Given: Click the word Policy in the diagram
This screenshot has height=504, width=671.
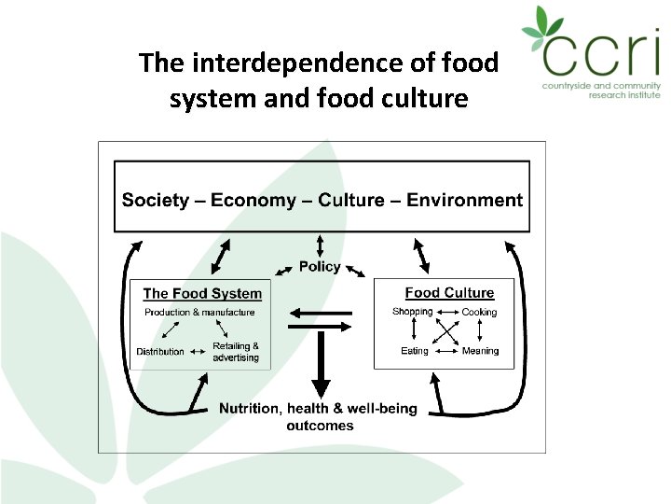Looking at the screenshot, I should click(320, 267).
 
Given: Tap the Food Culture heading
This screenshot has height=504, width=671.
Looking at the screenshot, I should click(449, 293).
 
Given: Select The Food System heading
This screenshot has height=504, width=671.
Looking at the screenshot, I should click(202, 293).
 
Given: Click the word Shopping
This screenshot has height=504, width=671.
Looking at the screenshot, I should click(413, 312).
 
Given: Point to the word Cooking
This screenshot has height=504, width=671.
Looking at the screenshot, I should click(479, 313).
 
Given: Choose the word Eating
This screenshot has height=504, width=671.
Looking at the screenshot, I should click(415, 351).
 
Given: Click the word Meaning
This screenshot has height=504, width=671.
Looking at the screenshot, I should click(480, 351).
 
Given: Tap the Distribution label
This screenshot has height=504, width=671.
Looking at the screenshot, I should click(160, 352).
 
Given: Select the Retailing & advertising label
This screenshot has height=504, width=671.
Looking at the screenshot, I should click(236, 352).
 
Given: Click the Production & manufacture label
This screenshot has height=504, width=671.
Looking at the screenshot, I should click(199, 313).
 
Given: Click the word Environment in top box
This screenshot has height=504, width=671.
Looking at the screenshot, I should click(464, 200).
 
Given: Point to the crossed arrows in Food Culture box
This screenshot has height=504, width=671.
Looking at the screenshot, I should click(447, 332).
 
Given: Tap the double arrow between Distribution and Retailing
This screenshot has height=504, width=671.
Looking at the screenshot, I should click(198, 352).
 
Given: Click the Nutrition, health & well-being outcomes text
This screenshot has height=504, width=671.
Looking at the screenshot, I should click(319, 416).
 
